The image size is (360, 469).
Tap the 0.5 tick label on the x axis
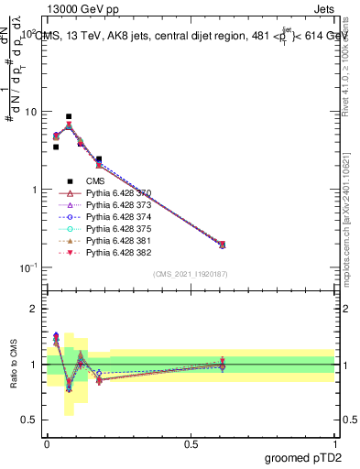coord(191,442)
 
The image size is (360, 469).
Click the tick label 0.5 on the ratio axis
coord(28,420)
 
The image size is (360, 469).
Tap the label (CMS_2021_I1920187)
coord(190,274)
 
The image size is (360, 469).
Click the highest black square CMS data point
coord(69,117)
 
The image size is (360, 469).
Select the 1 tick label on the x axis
coord(335,442)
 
